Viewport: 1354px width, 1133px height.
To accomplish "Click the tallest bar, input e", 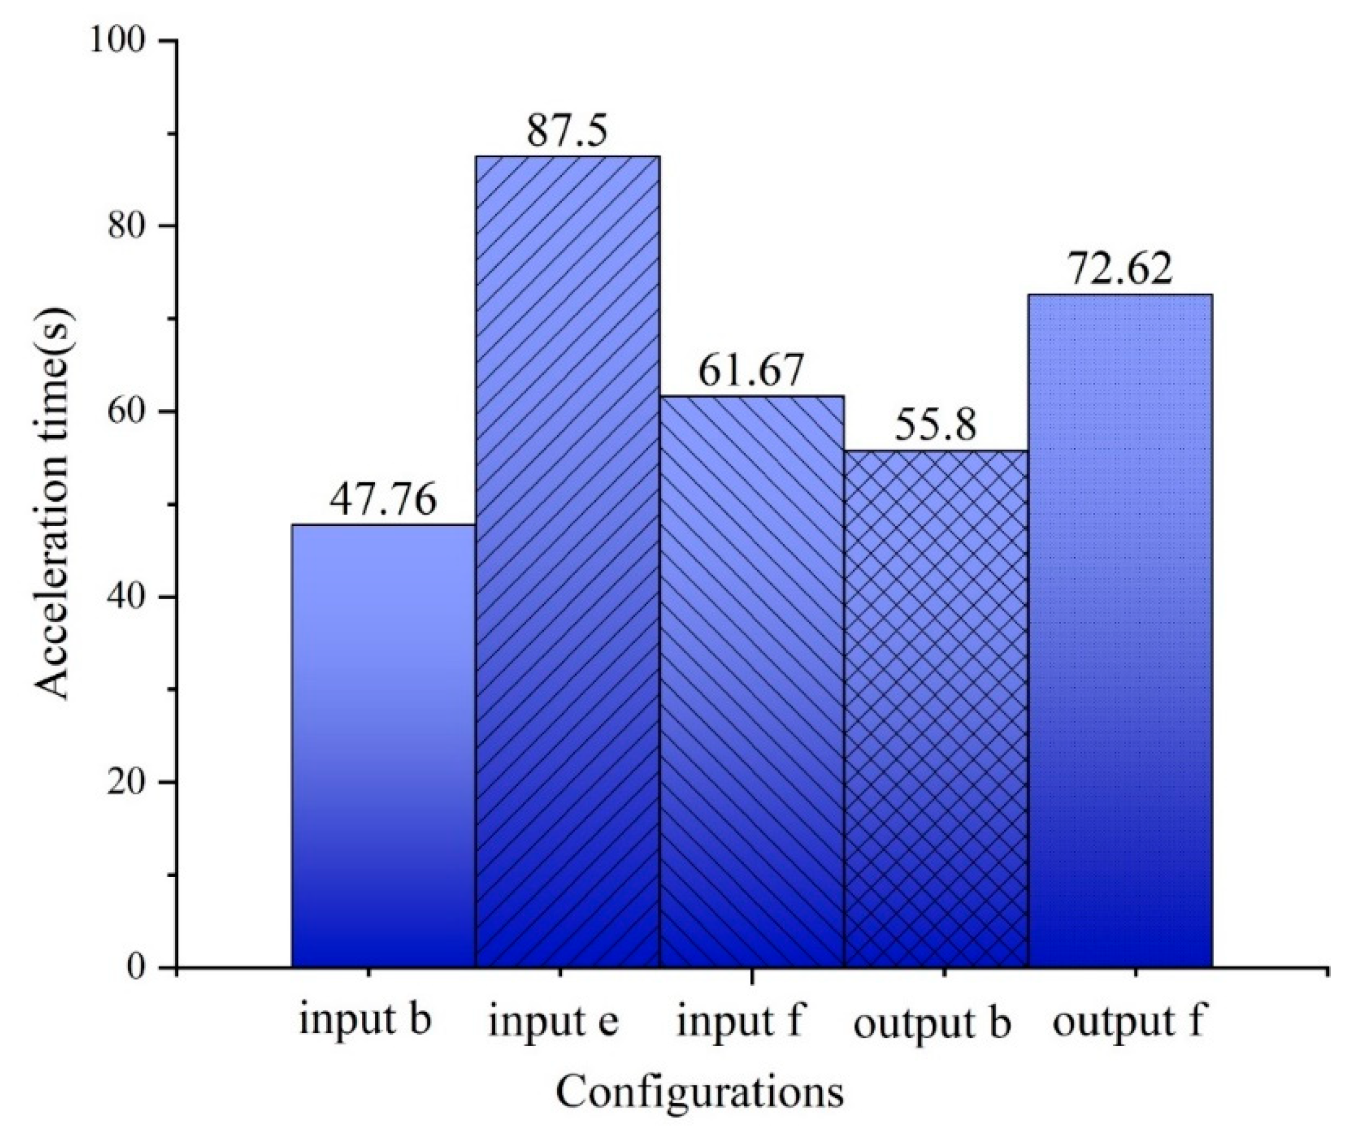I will coord(567,561).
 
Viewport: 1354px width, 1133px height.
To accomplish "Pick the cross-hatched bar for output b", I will coord(936,709).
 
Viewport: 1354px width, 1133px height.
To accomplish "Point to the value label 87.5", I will coord(567,131).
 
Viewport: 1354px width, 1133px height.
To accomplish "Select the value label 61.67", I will coord(752,371).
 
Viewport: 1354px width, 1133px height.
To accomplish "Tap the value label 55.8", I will coord(936,426).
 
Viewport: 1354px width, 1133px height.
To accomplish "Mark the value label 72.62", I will coord(1120,270).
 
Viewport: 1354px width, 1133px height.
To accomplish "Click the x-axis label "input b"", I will coord(364,1020).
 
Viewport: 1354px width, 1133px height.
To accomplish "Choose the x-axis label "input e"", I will coord(554,1022).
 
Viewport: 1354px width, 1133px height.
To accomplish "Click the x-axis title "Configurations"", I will coord(699,1092).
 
